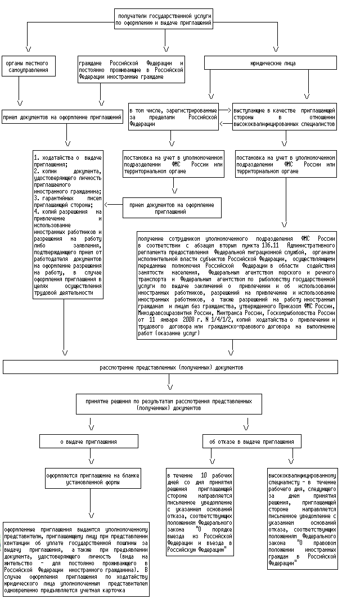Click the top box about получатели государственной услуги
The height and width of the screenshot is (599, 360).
click(x=164, y=19)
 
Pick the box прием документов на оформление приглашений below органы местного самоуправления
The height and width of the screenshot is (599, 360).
click(x=62, y=117)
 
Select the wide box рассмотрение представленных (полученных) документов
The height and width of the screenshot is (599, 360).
click(x=171, y=367)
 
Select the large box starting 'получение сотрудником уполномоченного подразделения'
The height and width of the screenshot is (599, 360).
click(x=237, y=286)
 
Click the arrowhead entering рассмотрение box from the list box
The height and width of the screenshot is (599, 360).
click(x=65, y=354)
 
